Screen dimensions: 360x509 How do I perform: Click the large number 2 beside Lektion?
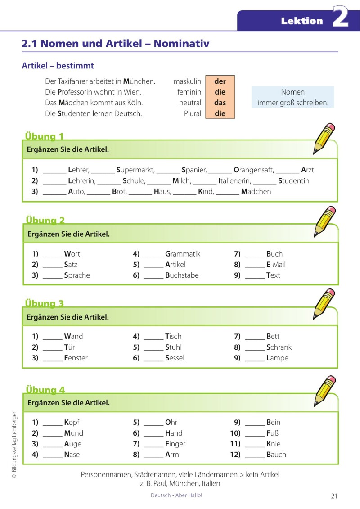341,18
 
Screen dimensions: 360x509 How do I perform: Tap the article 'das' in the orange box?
220,103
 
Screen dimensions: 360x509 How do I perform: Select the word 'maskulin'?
187,81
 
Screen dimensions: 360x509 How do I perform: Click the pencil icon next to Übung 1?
324,138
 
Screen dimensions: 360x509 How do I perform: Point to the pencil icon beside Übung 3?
324,304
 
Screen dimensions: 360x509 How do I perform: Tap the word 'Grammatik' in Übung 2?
183,254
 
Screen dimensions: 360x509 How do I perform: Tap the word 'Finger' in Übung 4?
175,444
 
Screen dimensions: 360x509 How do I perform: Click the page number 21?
334,496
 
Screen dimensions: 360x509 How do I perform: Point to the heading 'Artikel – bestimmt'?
58,66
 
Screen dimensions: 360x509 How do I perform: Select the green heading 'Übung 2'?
45,221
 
